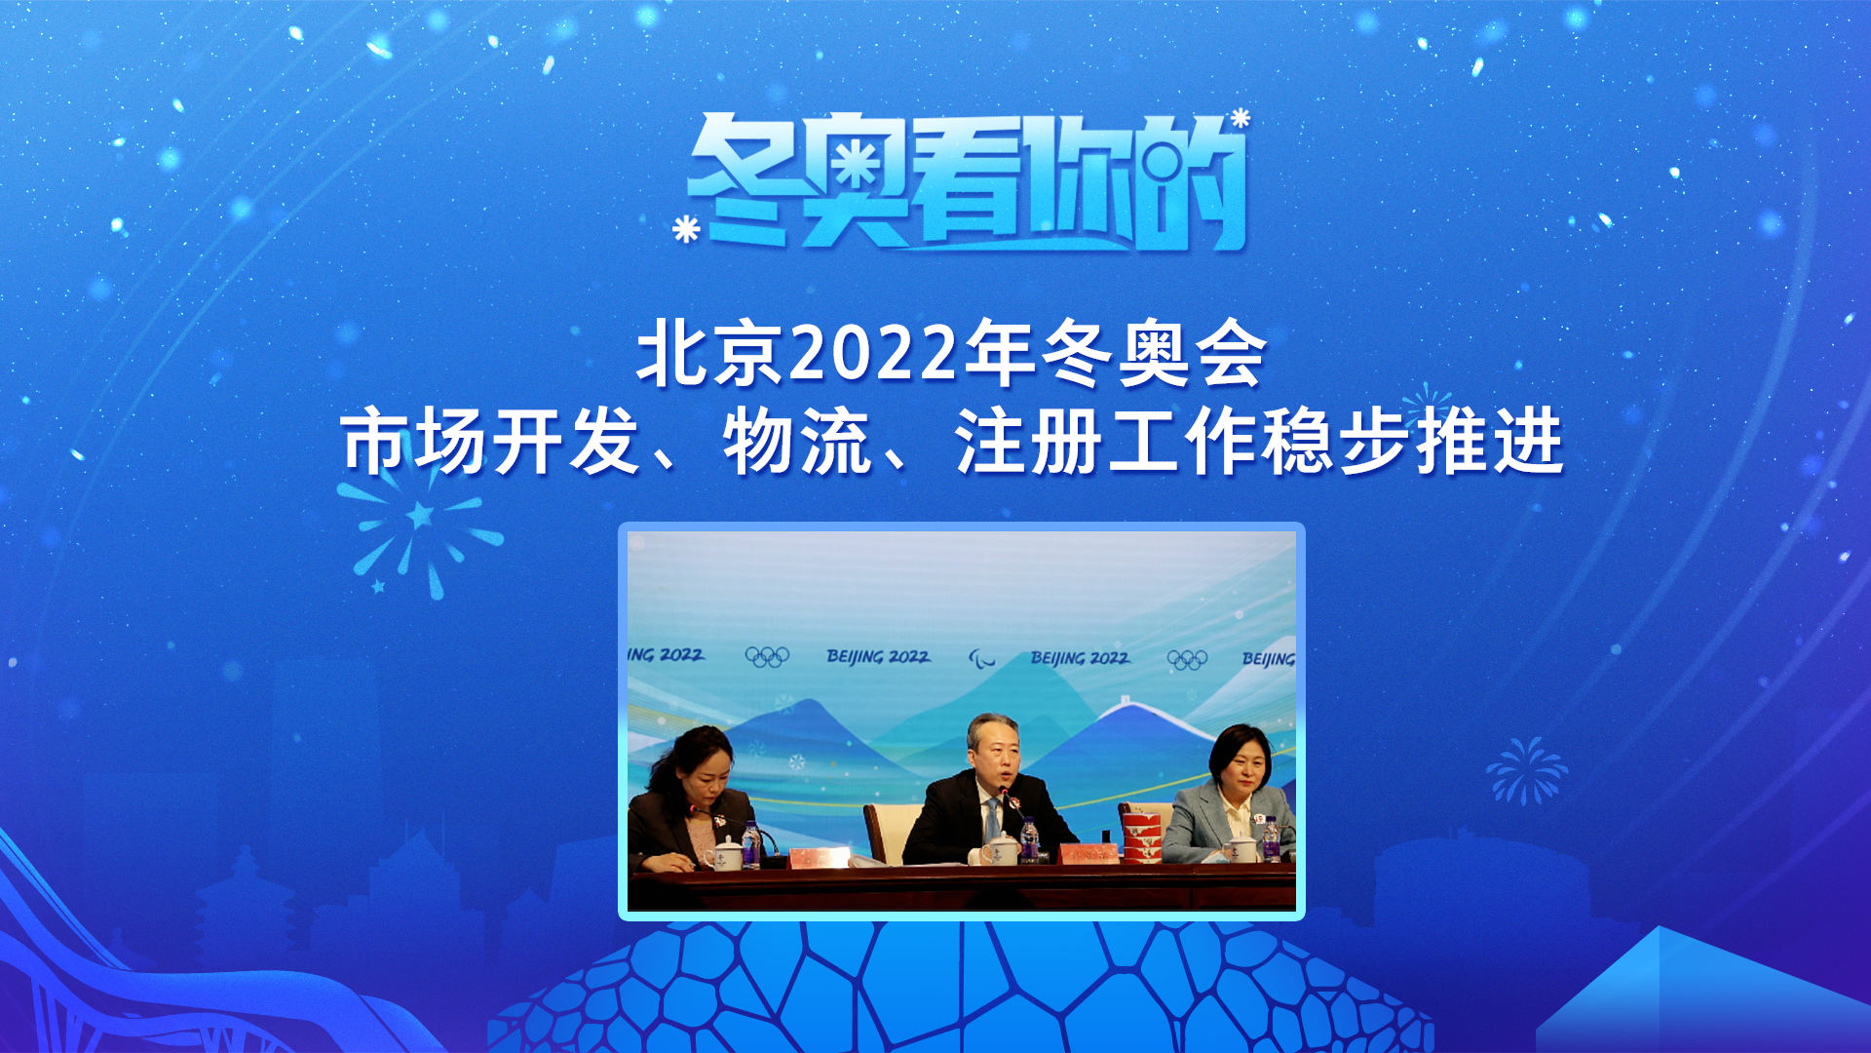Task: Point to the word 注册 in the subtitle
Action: [x=1028, y=443]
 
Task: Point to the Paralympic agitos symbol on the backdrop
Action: [x=981, y=659]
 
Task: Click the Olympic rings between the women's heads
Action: [x=767, y=656]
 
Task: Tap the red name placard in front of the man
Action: [x=1088, y=855]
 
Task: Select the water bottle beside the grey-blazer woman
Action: [x=1270, y=839]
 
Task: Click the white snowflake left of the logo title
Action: [x=686, y=229]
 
